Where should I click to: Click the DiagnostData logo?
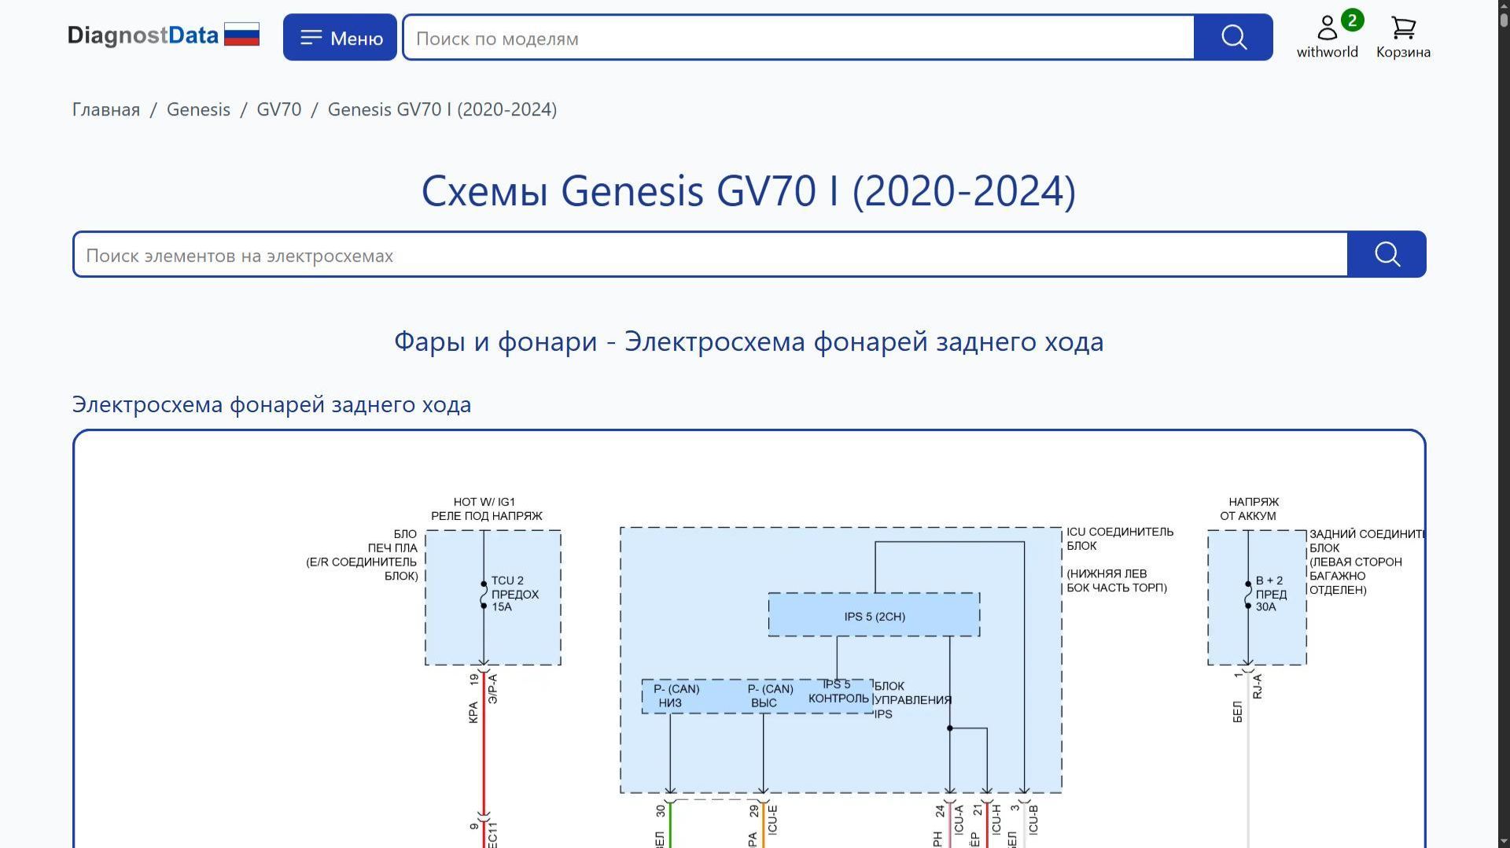(163, 35)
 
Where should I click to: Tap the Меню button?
(340, 38)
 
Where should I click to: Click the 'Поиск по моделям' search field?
(797, 38)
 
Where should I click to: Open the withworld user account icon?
(1327, 29)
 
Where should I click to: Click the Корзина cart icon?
(1403, 29)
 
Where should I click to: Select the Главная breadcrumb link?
(106, 109)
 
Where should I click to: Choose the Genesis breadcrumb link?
(198, 109)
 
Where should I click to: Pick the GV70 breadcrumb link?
(279, 109)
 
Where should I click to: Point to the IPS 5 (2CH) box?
(874, 616)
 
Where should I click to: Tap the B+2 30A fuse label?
(1270, 594)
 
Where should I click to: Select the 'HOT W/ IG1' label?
(484, 502)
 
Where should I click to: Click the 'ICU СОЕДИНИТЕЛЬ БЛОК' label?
(1119, 539)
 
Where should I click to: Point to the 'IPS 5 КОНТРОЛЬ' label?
(838, 691)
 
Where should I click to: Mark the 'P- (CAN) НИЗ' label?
(676, 696)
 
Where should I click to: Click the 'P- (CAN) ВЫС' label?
(770, 696)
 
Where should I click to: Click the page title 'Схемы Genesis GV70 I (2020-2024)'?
(748, 191)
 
